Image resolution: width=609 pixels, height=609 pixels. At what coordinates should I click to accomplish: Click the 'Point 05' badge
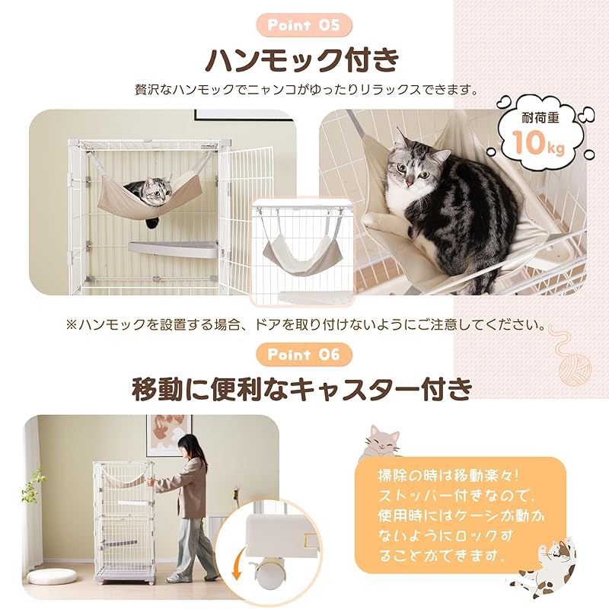click(304, 24)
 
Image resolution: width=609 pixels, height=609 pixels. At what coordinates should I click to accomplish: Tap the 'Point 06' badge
click(304, 354)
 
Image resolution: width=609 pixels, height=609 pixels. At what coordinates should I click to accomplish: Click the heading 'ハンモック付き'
click(304, 59)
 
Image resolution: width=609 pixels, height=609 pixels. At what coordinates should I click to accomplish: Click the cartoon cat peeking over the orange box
click(384, 442)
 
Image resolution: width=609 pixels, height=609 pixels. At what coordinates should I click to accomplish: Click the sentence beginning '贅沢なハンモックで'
click(304, 91)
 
